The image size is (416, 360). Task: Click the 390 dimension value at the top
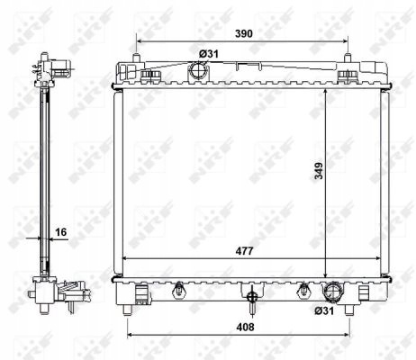click(243, 33)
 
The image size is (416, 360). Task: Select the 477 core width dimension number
click(245, 251)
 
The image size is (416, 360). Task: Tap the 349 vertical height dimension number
click(319, 171)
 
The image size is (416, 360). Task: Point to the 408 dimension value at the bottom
click(245, 327)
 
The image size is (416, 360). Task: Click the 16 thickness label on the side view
click(60, 232)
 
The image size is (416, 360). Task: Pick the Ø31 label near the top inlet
click(209, 54)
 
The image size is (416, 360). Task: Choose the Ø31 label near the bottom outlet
click(324, 310)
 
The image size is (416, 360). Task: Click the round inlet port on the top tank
click(198, 70)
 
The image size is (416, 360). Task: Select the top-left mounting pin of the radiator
click(136, 58)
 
